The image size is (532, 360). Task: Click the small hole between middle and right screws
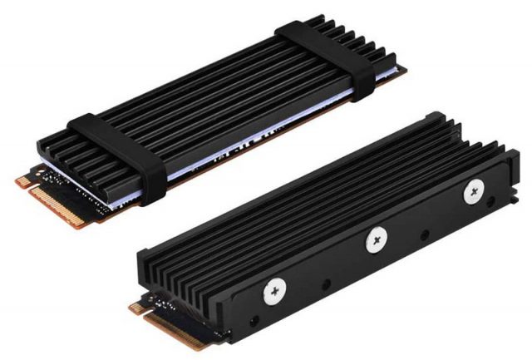point(426,218)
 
